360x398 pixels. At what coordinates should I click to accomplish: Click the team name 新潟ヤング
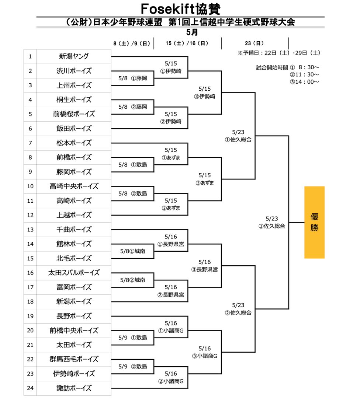point(74,56)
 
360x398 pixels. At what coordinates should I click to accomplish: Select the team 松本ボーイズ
point(74,143)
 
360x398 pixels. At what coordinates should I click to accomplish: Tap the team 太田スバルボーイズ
point(74,273)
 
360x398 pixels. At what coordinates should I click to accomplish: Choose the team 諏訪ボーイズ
point(74,388)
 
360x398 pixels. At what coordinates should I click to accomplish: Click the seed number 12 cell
point(30,215)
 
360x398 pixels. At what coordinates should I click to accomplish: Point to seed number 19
point(30,316)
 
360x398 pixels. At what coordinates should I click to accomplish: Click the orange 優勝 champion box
point(314,222)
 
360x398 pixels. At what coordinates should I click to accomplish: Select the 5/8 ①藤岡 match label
point(133,78)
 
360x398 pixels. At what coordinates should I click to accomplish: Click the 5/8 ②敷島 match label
point(133,193)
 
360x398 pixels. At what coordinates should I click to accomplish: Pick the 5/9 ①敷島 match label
point(133,337)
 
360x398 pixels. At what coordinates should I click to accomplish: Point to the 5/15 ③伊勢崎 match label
point(204,92)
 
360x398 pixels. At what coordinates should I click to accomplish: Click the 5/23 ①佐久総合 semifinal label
point(238,136)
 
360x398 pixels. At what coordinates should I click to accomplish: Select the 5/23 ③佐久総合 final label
point(271,222)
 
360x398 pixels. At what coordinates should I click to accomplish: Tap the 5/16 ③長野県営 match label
point(204,265)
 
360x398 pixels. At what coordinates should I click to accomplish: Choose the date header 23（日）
point(254,43)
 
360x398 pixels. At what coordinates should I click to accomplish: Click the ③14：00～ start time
point(304,82)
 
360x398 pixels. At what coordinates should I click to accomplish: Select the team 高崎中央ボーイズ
point(74,186)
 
